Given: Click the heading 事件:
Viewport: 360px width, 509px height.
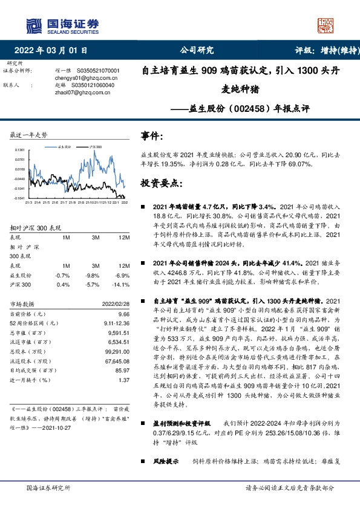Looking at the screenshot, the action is (x=152, y=137).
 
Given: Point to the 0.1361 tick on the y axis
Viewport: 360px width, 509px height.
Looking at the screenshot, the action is (x=20, y=149).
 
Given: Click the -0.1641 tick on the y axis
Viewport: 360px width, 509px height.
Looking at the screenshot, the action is (x=19, y=198).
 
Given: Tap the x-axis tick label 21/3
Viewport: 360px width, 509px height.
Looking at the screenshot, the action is (x=28, y=203).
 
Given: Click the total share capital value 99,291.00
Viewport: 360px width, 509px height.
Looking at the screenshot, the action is (x=117, y=351).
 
